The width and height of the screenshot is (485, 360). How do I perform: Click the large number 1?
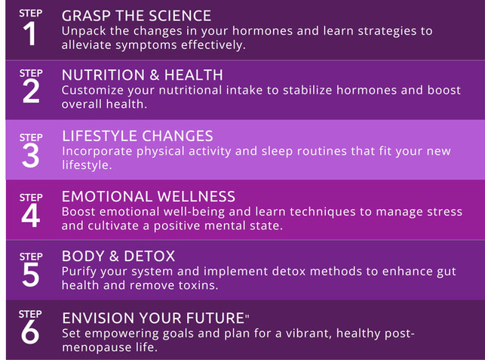click(x=29, y=34)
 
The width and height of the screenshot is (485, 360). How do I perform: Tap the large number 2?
click(x=31, y=91)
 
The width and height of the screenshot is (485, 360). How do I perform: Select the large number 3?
click(x=31, y=155)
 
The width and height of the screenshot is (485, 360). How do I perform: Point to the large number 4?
click(x=31, y=215)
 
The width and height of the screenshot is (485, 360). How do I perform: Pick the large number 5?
click(x=31, y=275)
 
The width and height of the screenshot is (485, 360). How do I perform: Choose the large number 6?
click(x=30, y=333)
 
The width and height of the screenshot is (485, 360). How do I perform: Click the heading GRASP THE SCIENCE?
click(x=137, y=16)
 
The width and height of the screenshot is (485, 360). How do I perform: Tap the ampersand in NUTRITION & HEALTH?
click(x=154, y=75)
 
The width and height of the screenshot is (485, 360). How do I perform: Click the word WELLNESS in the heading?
click(x=196, y=196)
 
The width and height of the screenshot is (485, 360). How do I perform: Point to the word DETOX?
click(x=149, y=257)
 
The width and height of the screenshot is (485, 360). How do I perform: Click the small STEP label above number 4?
click(x=31, y=198)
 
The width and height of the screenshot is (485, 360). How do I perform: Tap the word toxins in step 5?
click(x=198, y=285)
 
